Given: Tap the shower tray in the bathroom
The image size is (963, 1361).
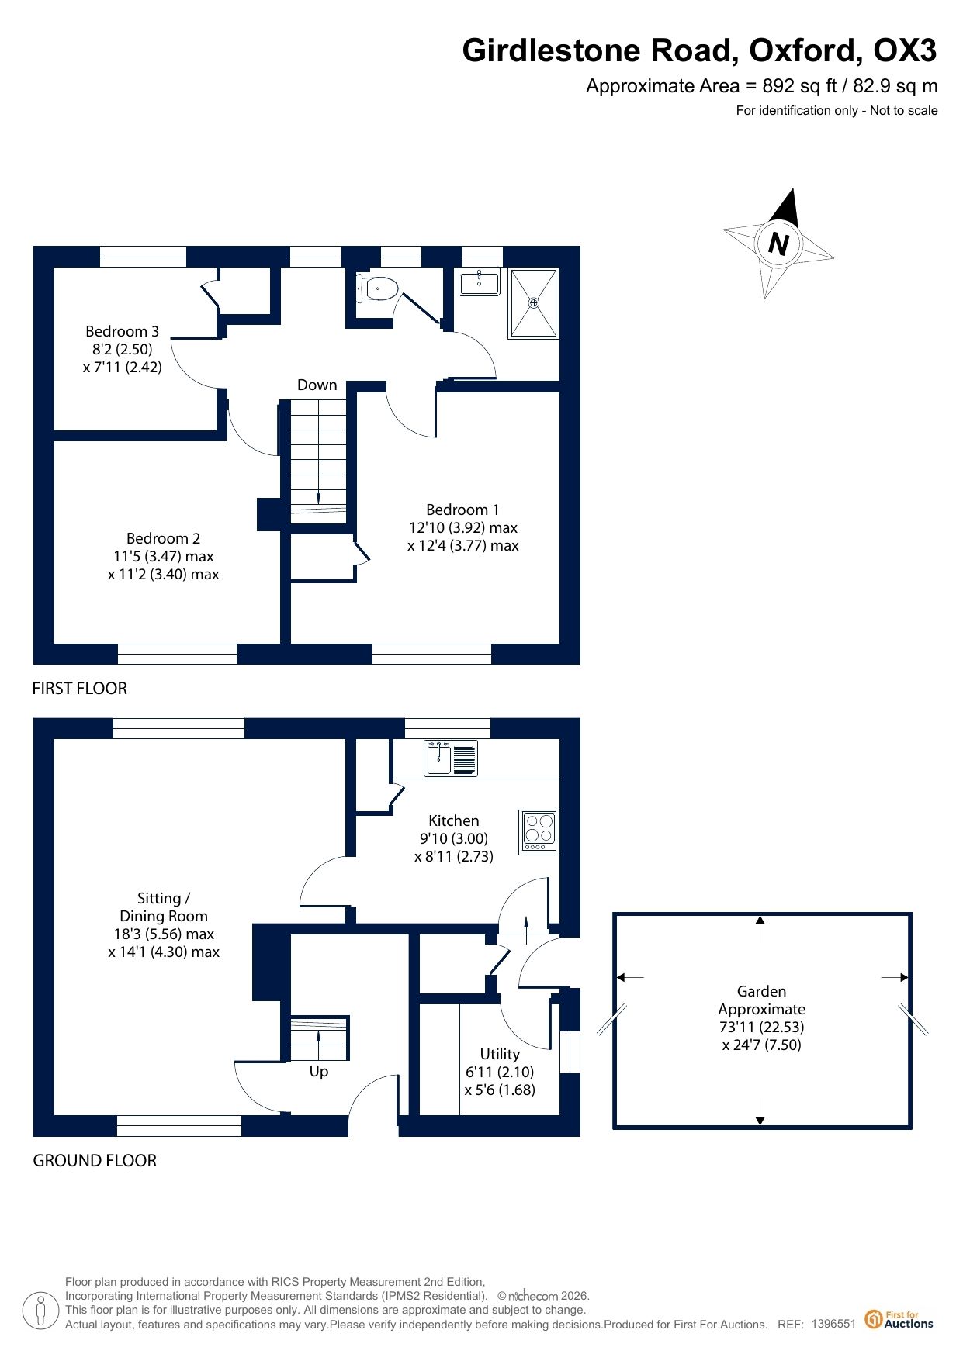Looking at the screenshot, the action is point(533,303).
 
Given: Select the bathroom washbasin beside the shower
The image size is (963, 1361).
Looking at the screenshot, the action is point(480,282).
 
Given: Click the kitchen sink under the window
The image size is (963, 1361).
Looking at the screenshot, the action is point(450,758).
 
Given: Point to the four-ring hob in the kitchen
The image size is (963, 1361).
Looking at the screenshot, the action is point(539,831).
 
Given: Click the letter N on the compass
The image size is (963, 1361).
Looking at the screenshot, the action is point(778,244).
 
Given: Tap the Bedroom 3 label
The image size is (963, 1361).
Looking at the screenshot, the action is point(122,331).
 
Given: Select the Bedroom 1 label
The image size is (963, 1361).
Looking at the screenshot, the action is point(462,510).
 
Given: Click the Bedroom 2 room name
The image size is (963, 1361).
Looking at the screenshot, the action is point(163,538).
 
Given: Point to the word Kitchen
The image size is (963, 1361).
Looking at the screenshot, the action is point(454,820).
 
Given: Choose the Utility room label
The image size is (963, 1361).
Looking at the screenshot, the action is point(500,1054).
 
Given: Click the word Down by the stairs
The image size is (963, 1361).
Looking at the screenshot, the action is point(317,385).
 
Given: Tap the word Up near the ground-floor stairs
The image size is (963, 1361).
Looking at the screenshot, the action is point(319,1072).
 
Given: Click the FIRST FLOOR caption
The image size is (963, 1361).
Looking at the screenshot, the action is point(79,688).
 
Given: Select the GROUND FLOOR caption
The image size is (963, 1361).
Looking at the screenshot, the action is point(95,1160).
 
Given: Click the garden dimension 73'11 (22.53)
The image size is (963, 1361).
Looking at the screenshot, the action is point(761,1027).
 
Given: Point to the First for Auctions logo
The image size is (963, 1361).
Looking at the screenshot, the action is point(899,1319).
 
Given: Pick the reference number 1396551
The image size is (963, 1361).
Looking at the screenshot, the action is point(833,1324).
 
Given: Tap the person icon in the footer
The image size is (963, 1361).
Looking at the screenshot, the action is point(40,1310).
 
